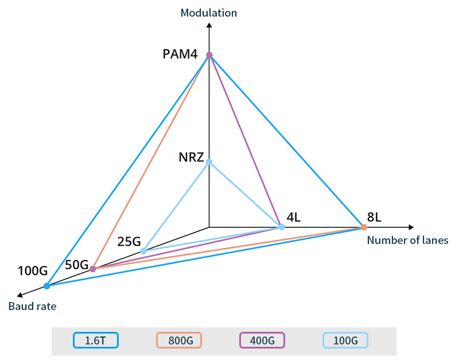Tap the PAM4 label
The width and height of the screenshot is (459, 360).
(180, 55)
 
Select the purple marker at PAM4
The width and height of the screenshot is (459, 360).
(209, 55)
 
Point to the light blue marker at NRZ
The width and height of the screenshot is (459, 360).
(209, 162)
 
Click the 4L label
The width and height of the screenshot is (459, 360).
(294, 218)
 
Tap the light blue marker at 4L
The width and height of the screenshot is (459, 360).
(282, 227)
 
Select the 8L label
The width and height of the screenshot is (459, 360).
(374, 218)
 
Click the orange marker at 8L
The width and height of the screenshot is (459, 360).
(364, 227)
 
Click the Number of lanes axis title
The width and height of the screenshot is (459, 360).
(407, 241)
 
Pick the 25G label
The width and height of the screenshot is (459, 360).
(129, 242)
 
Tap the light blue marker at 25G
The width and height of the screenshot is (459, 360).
(143, 251)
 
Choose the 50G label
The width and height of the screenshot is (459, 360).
(76, 265)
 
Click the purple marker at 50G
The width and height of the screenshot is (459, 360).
(93, 269)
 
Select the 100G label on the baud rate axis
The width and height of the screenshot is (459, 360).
(32, 270)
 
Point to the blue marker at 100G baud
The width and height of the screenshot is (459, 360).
(47, 286)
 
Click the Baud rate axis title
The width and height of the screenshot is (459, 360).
(32, 307)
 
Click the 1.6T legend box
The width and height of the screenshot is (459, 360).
(96, 340)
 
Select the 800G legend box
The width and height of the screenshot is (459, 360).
(178, 340)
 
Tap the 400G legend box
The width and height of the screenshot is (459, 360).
(262, 340)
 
